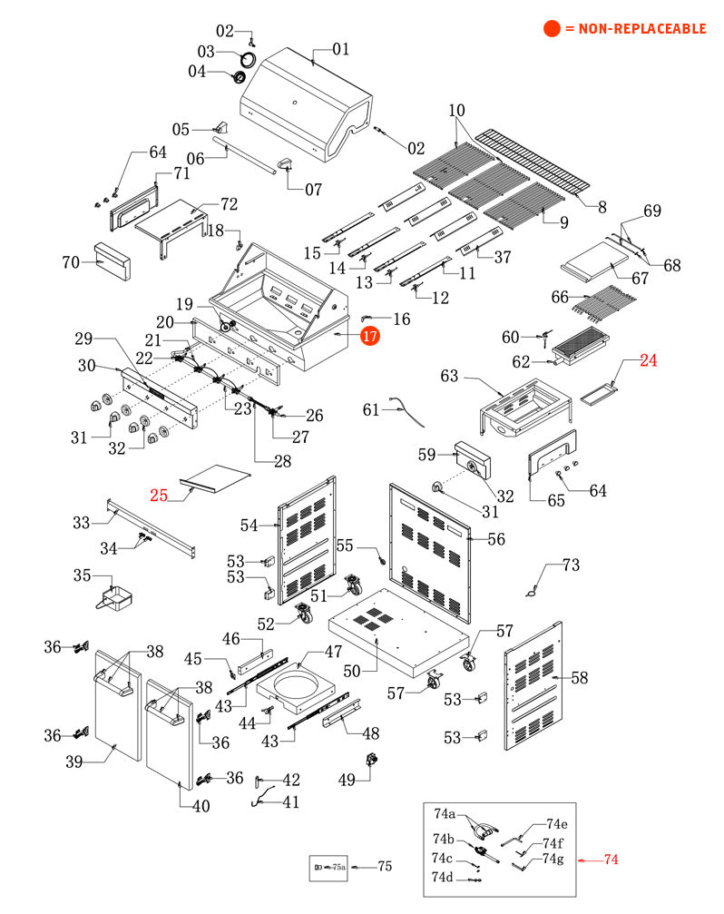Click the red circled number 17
click(369, 336)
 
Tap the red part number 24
click(648, 360)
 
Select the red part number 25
click(159, 495)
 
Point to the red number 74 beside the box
click(611, 859)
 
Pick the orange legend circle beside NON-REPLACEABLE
click(552, 29)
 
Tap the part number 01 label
click(340, 49)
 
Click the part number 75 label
click(384, 867)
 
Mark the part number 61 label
click(371, 410)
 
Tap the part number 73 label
click(570, 565)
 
